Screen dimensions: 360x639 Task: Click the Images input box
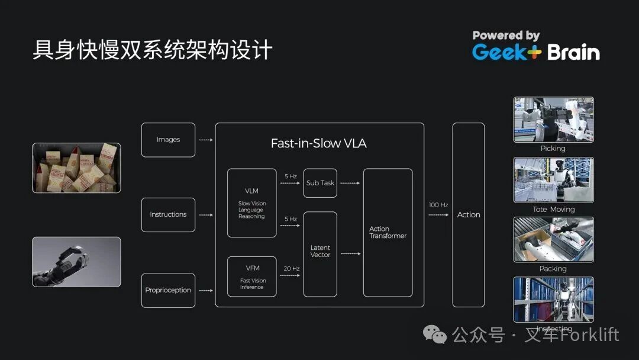coord(168,140)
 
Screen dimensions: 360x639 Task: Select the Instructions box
coord(168,214)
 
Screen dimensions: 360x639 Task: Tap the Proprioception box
coord(168,290)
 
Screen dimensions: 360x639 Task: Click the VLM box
coord(252,203)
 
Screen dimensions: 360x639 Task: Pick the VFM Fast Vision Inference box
coord(252,277)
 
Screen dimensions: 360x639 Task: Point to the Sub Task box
coord(320,183)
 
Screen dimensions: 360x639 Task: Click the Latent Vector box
coord(320,254)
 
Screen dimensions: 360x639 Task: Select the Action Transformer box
coord(388,232)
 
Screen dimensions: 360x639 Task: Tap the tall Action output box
coord(469,214)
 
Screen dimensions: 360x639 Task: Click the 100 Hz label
coord(438,205)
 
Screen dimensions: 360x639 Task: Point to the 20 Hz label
coord(291,269)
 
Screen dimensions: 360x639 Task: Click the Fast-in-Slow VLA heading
coord(318,143)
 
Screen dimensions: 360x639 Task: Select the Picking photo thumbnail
coord(553,120)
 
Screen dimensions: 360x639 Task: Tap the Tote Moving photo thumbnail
coord(553,180)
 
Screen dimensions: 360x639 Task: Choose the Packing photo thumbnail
coord(553,239)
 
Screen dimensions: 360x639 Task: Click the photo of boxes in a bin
coord(76,168)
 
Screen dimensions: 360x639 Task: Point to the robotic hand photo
coord(76,262)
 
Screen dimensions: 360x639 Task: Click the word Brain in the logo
coord(573,52)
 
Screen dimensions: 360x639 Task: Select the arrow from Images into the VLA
coord(205,140)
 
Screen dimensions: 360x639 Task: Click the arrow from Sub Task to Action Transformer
coord(350,183)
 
